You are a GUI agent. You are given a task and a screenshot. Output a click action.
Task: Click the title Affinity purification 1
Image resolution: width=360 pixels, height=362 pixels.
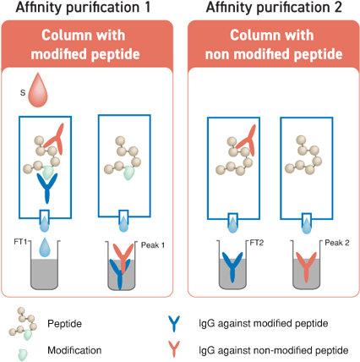pyautogui.click(x=89, y=7)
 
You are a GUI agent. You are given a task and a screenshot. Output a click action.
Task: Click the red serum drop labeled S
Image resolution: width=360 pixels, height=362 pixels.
pyautogui.click(x=39, y=90)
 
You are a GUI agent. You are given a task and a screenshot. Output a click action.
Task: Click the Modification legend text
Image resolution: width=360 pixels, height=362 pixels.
pyautogui.click(x=75, y=348)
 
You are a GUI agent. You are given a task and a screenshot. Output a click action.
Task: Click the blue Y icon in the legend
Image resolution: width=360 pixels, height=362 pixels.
pyautogui.click(x=175, y=323)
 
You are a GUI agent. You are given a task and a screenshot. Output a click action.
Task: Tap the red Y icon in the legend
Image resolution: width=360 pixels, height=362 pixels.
pyautogui.click(x=175, y=348)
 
